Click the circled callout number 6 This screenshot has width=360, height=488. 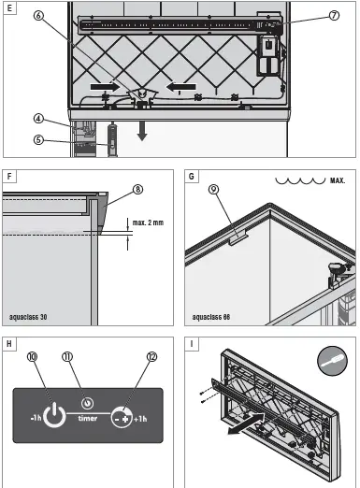[x=38, y=15]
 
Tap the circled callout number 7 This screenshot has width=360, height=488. [x=334, y=15]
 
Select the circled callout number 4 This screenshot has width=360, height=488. [x=38, y=119]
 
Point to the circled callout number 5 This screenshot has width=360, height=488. [x=38, y=139]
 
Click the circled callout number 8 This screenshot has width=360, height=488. [x=137, y=189]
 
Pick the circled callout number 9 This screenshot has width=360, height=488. [x=213, y=189]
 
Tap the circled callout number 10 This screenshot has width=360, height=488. [x=32, y=356]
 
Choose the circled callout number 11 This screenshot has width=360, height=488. [x=67, y=356]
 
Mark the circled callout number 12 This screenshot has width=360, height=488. [x=151, y=356]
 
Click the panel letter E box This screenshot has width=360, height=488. [x=9, y=7]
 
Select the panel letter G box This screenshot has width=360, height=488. [x=191, y=176]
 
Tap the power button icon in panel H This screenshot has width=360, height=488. [x=54, y=415]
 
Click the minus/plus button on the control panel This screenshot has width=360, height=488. [x=122, y=417]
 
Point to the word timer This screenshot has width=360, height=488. [x=88, y=418]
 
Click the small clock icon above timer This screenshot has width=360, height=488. [x=87, y=403]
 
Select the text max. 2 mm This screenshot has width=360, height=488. [x=148, y=222]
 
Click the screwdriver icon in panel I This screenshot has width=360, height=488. [x=332, y=361]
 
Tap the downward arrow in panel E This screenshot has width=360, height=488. [x=142, y=131]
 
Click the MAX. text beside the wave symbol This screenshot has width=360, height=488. [x=338, y=180]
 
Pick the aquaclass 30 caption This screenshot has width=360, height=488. [x=28, y=317]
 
